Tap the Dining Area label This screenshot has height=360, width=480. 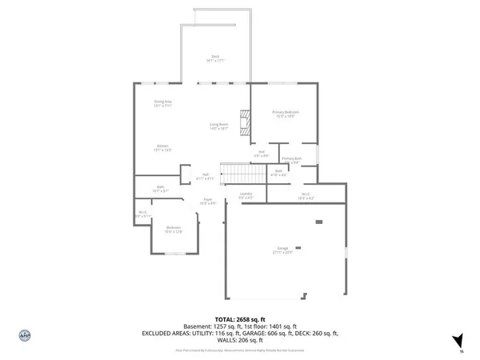coord(163,102)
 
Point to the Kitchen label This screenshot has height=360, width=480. coord(162,147)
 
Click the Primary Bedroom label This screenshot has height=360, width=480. coord(286,113)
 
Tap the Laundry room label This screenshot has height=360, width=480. coord(246,195)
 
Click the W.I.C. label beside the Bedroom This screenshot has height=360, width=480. coord(142,214)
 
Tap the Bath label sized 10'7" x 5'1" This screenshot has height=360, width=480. coord(162,190)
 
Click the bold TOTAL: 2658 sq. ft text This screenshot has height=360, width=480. coord(239,319)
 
